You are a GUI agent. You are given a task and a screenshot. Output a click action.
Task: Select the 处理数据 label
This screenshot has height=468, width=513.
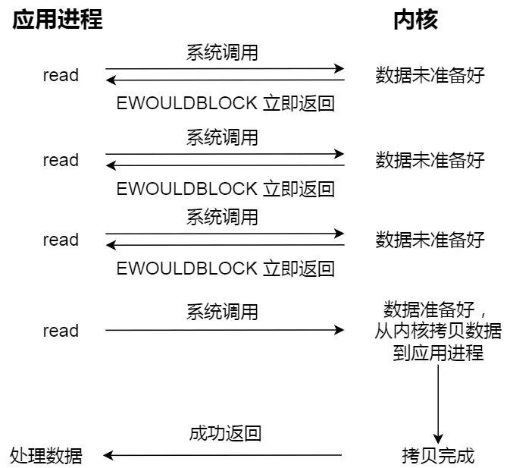[x=46, y=456]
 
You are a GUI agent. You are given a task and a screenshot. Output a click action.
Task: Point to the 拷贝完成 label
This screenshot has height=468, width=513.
[x=438, y=456]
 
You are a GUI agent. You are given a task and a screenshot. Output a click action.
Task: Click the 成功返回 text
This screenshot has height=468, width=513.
[x=225, y=434]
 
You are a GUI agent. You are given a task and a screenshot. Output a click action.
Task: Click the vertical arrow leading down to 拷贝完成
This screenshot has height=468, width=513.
[x=438, y=402]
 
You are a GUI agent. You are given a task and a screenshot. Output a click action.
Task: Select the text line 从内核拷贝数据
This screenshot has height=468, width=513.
[x=438, y=331]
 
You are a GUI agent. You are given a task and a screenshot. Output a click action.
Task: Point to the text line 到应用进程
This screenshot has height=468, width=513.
[x=438, y=353]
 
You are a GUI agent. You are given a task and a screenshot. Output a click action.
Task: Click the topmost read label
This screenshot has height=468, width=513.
[x=61, y=75]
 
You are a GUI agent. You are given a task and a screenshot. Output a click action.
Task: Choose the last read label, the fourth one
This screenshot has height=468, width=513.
[x=61, y=331]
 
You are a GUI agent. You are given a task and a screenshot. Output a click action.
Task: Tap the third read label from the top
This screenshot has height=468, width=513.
[x=61, y=240]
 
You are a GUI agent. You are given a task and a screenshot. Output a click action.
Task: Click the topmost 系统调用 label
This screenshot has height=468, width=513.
[x=222, y=53]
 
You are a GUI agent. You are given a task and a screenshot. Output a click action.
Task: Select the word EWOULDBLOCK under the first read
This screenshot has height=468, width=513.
[x=186, y=103]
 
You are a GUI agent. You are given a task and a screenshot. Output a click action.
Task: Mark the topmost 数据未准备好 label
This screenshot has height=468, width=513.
[x=430, y=75]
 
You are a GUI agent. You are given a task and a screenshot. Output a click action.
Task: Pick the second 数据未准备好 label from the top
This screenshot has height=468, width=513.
[x=430, y=160]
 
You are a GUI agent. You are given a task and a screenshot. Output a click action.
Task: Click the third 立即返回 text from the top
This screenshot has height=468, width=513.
[x=299, y=269]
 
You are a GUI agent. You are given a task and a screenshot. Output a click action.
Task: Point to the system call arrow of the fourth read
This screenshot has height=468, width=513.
[x=224, y=330]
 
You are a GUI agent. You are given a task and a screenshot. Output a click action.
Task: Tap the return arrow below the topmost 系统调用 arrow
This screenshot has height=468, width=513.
[x=224, y=80]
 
